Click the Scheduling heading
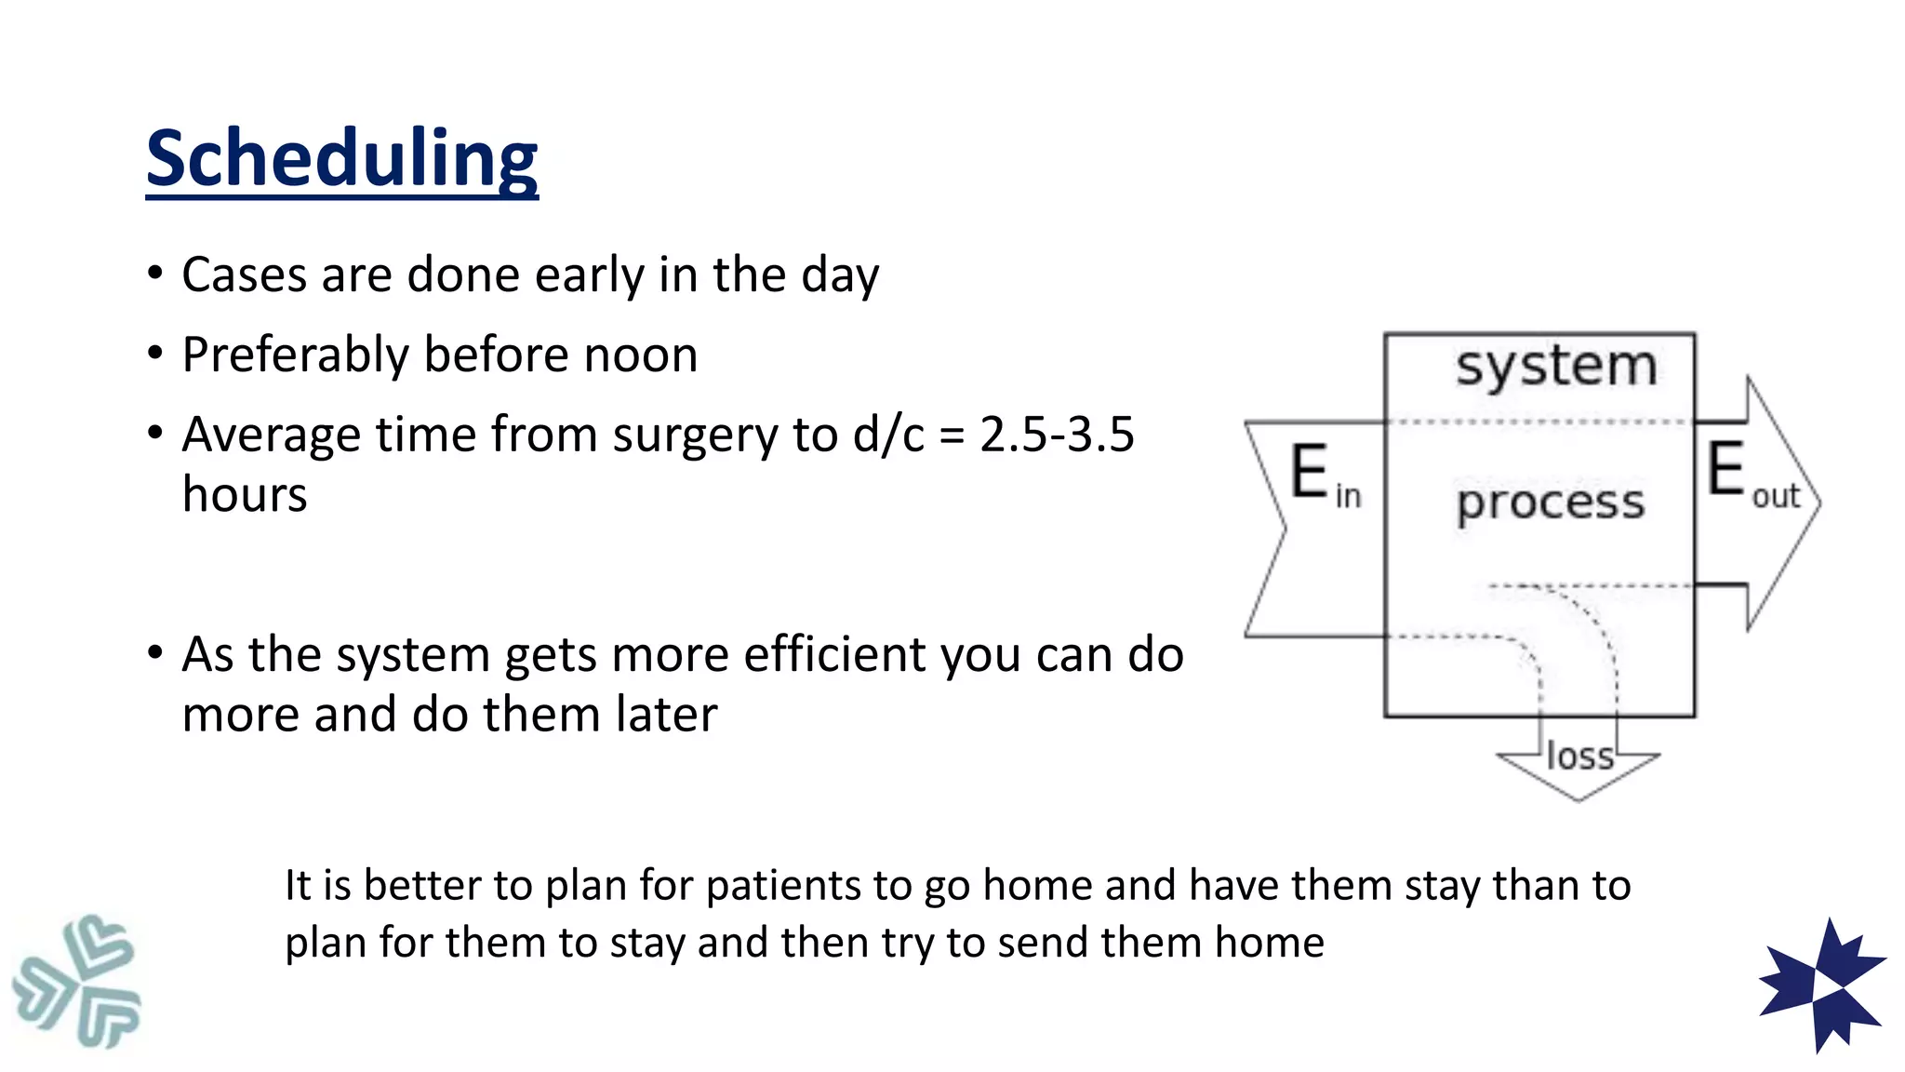pyautogui.click(x=341, y=158)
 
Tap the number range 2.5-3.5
pyautogui.click(x=1057, y=435)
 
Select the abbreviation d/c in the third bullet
pyautogui.click(x=888, y=435)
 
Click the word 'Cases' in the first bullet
pyautogui.click(x=244, y=275)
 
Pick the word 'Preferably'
pyautogui.click(x=295, y=355)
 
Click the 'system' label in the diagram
pyautogui.click(x=1556, y=366)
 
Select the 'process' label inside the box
pyautogui.click(x=1550, y=503)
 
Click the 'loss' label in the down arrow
pyautogui.click(x=1579, y=757)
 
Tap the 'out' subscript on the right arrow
pyautogui.click(x=1776, y=497)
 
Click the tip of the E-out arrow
pyautogui.click(x=1818, y=502)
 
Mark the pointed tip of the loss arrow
pyautogui.click(x=1579, y=798)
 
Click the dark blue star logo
pyautogui.click(x=1822, y=985)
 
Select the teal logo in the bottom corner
pyautogui.click(x=76, y=981)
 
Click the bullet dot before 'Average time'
pyautogui.click(x=155, y=434)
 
